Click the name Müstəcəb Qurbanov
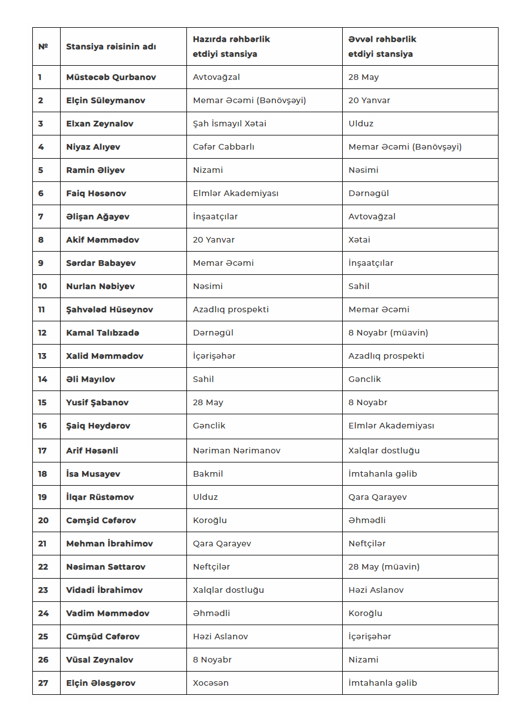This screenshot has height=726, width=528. click(x=111, y=77)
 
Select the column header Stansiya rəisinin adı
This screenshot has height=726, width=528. click(x=111, y=46)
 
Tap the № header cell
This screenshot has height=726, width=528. click(x=43, y=46)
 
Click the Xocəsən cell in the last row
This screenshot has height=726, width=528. click(x=211, y=683)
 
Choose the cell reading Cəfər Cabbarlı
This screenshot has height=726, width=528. click(x=223, y=147)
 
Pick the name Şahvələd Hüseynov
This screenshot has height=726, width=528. click(x=109, y=309)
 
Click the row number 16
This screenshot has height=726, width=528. click(x=43, y=426)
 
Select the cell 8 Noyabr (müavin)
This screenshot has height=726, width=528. click(x=388, y=333)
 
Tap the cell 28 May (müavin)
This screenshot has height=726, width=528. click(x=384, y=567)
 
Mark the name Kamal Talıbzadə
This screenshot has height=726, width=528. click(x=103, y=333)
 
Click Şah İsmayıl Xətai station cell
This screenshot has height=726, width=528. click(x=229, y=124)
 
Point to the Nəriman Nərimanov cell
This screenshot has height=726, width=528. click(x=236, y=451)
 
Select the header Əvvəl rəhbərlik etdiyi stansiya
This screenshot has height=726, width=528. click(x=382, y=46)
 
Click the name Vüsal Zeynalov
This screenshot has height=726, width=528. click(x=100, y=660)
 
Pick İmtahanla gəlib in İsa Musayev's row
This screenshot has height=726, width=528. click(x=382, y=474)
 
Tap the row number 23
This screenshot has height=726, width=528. click(x=43, y=590)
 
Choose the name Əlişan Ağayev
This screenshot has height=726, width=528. click(x=97, y=216)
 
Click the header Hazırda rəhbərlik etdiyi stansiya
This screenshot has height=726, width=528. click(x=231, y=46)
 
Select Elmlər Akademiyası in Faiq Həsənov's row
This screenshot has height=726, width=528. click(x=236, y=193)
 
